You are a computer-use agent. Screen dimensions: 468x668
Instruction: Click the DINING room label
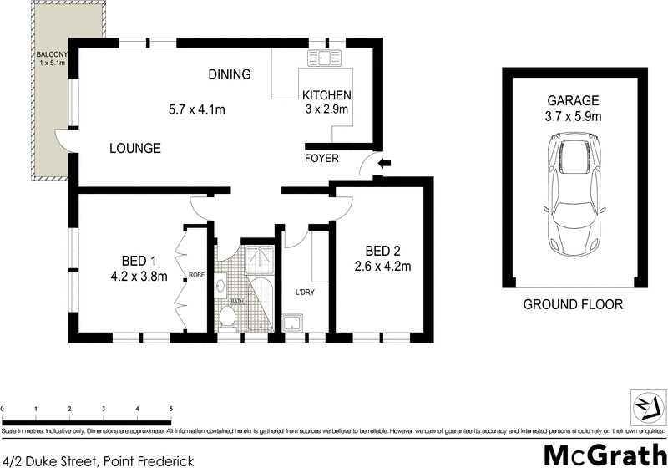coord(230,74)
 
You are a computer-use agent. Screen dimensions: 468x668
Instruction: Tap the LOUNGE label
coord(134,149)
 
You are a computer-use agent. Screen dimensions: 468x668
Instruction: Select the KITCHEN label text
coord(326,95)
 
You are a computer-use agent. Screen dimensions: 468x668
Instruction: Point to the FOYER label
coord(321,157)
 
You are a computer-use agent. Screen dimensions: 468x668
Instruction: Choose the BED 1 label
coord(139,260)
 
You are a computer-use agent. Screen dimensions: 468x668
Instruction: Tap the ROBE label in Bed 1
coord(197,275)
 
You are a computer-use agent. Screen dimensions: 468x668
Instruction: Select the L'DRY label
coord(305,292)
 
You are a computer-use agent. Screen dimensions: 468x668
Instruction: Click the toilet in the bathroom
coord(227,316)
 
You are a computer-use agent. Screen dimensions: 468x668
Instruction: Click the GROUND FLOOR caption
coord(573,304)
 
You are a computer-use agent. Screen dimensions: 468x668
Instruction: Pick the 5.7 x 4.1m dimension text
coord(197,109)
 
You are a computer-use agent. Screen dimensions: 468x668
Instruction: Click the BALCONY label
coord(52,56)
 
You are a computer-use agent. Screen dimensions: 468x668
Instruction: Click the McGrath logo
coord(602,455)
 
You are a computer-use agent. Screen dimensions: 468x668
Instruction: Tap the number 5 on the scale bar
coord(170,409)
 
